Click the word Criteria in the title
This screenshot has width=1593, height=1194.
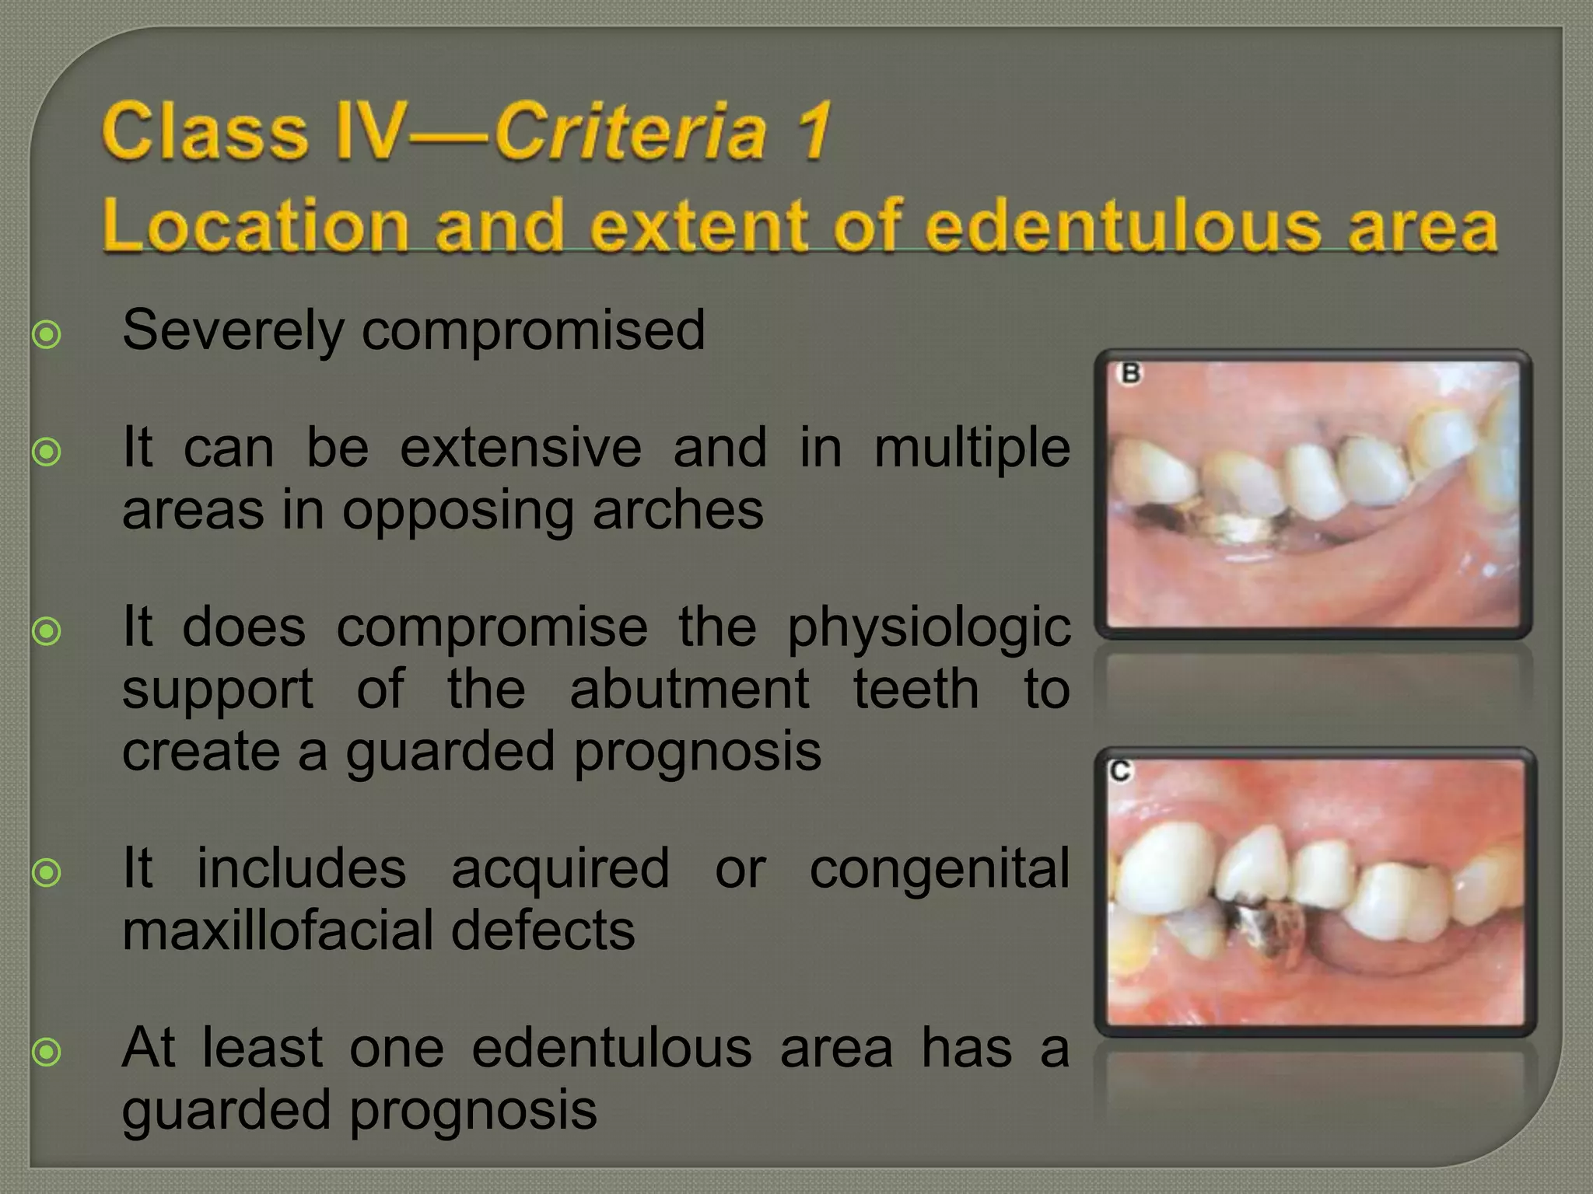[x=630, y=131]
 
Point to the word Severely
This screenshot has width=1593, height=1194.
[x=233, y=331]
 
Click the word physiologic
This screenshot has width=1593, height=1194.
[x=929, y=629]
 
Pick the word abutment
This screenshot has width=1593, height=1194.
[x=689, y=690]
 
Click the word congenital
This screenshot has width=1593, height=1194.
[x=940, y=869]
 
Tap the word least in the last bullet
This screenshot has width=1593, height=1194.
[x=262, y=1048]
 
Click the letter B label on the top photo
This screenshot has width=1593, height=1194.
[x=1130, y=374]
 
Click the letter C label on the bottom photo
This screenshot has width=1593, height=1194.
[x=1121, y=771]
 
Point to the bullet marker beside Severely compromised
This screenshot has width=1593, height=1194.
[x=47, y=335]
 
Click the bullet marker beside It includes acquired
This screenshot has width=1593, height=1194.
[x=47, y=873]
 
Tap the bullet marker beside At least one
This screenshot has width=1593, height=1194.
[x=47, y=1053]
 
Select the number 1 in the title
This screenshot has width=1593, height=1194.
[x=814, y=131]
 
